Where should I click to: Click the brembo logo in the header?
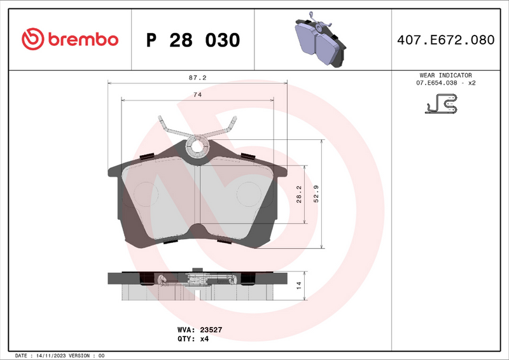click(70, 39)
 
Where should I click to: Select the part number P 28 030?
click(193, 40)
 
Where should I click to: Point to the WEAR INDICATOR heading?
click(446, 75)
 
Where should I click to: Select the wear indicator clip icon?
click(442, 104)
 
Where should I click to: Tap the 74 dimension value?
click(197, 94)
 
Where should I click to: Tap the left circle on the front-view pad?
click(147, 193)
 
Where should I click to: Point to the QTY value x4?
click(204, 339)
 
